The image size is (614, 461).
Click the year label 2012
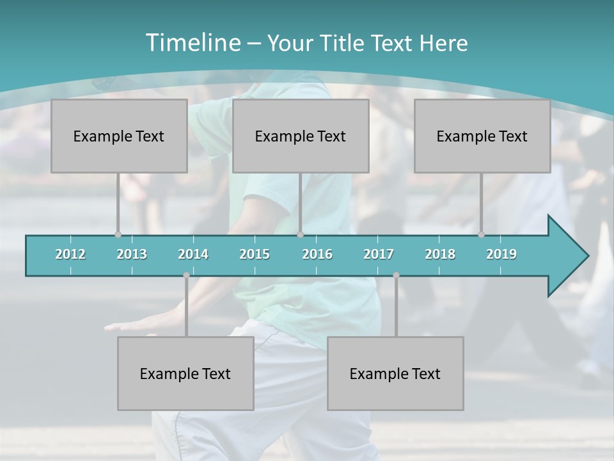click(70, 254)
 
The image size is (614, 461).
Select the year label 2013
click(132, 254)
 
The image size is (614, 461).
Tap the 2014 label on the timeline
click(193, 254)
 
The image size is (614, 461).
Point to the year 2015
click(255, 254)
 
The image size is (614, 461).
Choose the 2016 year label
click(317, 254)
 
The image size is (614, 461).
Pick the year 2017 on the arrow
click(379, 254)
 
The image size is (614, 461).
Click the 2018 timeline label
click(440, 254)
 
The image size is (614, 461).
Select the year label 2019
click(501, 254)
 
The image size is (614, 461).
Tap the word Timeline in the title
click(191, 43)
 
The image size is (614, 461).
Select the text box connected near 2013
click(119, 136)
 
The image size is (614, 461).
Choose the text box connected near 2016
click(301, 136)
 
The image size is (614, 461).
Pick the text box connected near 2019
click(482, 136)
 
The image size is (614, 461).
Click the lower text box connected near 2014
click(185, 373)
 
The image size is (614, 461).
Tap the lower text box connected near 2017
click(395, 373)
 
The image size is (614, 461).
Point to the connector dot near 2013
click(118, 235)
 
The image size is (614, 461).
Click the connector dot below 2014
click(186, 275)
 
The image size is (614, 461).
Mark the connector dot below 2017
click(396, 275)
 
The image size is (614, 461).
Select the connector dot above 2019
click(481, 235)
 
